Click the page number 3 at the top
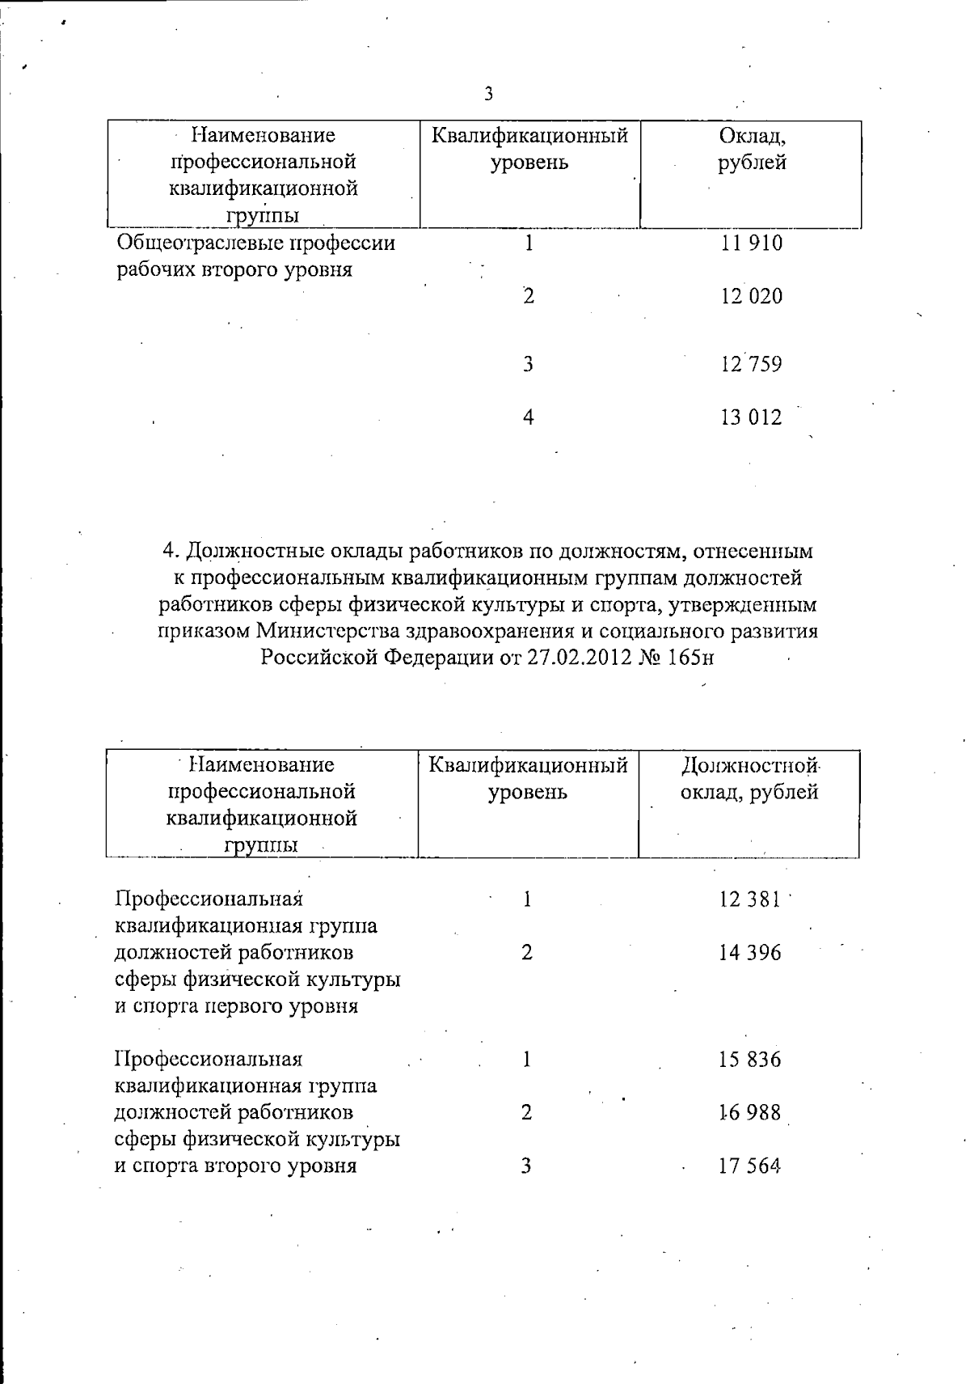[488, 94]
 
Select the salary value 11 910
[751, 243]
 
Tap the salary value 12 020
[751, 296]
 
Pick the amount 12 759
[751, 364]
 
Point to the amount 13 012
[751, 417]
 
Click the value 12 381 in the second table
[749, 899]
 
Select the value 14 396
[749, 952]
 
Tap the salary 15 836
[749, 1059]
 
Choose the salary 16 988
[749, 1112]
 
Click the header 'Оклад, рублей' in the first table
[751, 149]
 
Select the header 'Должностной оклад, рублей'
[749, 778]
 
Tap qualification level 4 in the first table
[528, 417]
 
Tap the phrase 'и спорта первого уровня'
[236, 1006]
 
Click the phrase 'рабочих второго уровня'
[234, 269]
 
